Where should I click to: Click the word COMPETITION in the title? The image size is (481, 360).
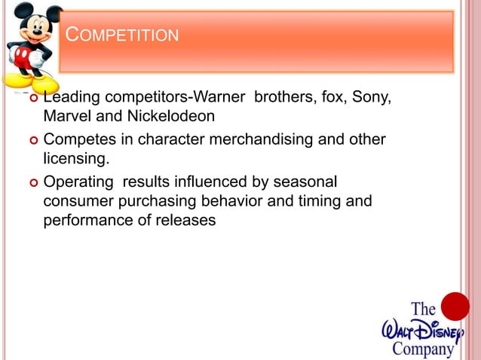click(x=122, y=35)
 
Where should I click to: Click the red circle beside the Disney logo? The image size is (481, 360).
click(x=455, y=307)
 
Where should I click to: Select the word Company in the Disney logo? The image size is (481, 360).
click(x=423, y=349)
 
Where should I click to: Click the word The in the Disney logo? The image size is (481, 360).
click(x=423, y=309)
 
